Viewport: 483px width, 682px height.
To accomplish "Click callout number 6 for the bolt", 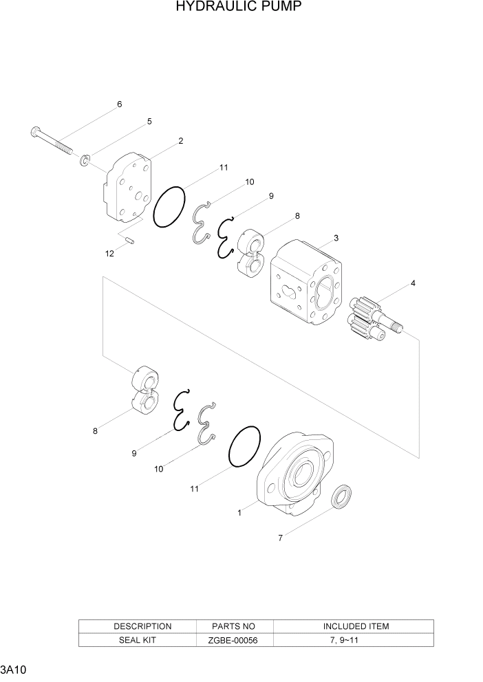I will click(x=119, y=104).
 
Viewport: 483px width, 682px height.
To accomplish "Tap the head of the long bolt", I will click(x=36, y=131).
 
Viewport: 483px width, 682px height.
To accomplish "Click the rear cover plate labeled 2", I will click(x=127, y=189).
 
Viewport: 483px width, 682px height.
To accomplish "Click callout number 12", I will click(x=109, y=254).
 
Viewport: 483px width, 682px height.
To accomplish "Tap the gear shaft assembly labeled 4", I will click(x=372, y=318).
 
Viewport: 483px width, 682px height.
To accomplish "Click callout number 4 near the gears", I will click(x=413, y=283).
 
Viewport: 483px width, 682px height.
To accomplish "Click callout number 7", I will click(x=280, y=538).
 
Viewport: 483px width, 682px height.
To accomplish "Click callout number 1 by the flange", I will click(x=239, y=513).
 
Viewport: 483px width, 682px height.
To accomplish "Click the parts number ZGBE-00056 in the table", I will click(x=234, y=639).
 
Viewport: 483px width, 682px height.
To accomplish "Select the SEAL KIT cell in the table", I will click(x=142, y=639).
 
